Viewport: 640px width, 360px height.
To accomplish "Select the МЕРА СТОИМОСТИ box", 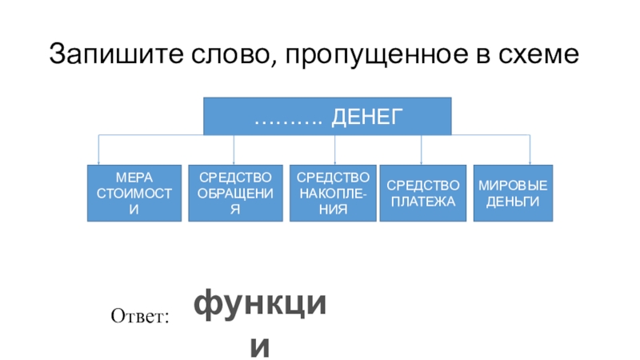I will [134, 193].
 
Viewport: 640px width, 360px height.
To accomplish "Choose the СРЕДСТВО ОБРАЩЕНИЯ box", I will [235, 193].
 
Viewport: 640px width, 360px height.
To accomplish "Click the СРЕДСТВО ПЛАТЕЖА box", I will [422, 193].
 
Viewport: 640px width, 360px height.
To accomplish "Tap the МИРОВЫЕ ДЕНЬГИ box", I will [512, 193].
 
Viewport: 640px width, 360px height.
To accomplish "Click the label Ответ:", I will [142, 318].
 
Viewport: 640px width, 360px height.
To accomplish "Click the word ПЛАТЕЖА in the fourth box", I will [422, 201].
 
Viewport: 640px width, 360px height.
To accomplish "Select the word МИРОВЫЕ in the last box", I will [512, 185].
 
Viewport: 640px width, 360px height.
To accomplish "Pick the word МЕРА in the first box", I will [134, 177].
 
